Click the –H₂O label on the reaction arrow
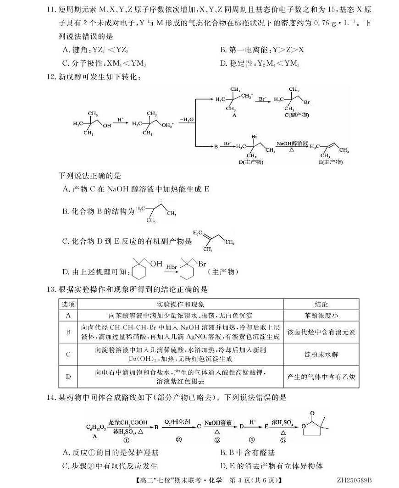point(187,120)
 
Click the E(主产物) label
point(333,162)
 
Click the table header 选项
point(68,305)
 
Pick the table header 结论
point(321,305)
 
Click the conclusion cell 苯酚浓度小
point(321,316)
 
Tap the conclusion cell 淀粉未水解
point(321,355)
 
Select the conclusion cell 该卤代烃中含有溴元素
point(321,332)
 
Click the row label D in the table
point(68,377)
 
